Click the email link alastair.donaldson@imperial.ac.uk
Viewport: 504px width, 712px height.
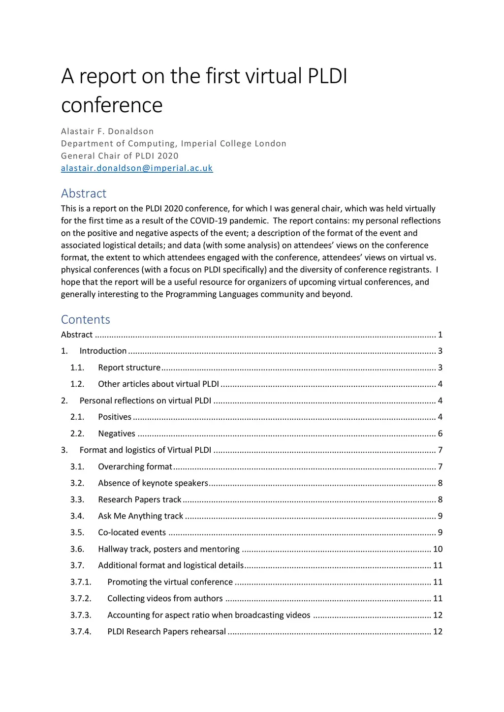tap(137, 168)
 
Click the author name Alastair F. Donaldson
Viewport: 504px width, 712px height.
tap(107, 131)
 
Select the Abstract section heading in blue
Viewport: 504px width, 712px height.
tap(84, 193)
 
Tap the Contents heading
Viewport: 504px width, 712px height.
tap(86, 320)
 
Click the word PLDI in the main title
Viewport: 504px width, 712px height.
tap(327, 76)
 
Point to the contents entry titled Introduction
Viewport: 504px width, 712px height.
tap(103, 351)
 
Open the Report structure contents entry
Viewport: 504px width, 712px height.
tap(129, 368)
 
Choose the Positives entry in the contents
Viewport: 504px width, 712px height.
tap(115, 417)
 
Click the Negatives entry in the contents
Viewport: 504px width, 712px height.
tap(117, 433)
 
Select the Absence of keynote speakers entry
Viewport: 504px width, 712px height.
tap(153, 483)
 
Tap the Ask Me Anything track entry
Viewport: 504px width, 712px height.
tap(140, 516)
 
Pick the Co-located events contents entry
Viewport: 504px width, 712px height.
tap(132, 532)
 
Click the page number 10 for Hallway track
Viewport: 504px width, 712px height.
tap(438, 549)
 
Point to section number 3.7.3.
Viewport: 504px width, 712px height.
tap(81, 615)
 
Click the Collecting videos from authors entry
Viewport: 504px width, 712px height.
tap(165, 598)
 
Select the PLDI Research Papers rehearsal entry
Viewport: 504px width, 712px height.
tap(166, 631)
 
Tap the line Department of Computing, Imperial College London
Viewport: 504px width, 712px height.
tap(174, 144)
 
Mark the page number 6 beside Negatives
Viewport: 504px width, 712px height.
tap(440, 433)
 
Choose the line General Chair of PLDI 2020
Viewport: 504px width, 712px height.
tap(120, 156)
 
